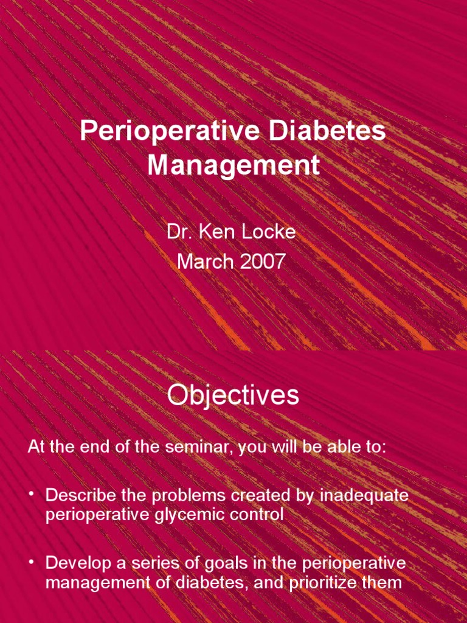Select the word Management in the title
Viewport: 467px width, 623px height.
coord(233,165)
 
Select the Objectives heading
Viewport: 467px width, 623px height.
coord(233,395)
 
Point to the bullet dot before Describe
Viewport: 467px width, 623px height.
coord(32,495)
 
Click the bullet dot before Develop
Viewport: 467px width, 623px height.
coord(32,563)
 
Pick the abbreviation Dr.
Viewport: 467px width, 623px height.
coord(177,232)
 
